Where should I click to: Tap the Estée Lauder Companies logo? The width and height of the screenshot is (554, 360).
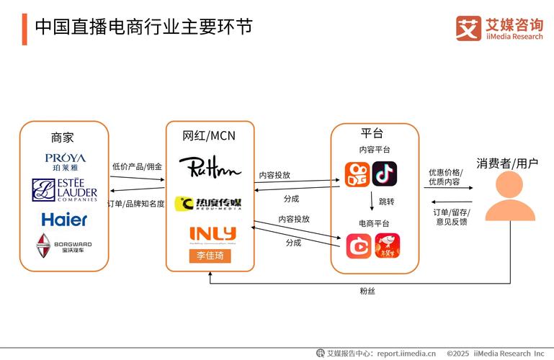64,189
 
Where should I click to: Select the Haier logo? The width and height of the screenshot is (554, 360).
64,219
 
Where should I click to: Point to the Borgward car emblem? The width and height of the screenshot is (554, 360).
44,246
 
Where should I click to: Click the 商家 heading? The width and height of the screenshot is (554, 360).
63,137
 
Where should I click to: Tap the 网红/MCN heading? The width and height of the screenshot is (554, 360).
209,135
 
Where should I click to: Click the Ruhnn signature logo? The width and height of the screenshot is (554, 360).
210,167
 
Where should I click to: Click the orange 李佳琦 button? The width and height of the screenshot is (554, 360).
210,256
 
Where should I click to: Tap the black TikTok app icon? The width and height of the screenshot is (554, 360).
385,174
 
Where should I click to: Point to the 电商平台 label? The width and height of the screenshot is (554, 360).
374,223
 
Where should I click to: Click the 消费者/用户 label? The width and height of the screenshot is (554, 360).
507,163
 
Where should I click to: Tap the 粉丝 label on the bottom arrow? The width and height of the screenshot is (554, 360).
367,291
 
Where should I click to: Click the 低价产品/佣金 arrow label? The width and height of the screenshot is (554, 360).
137,166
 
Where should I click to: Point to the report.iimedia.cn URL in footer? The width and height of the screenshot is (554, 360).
397,354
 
